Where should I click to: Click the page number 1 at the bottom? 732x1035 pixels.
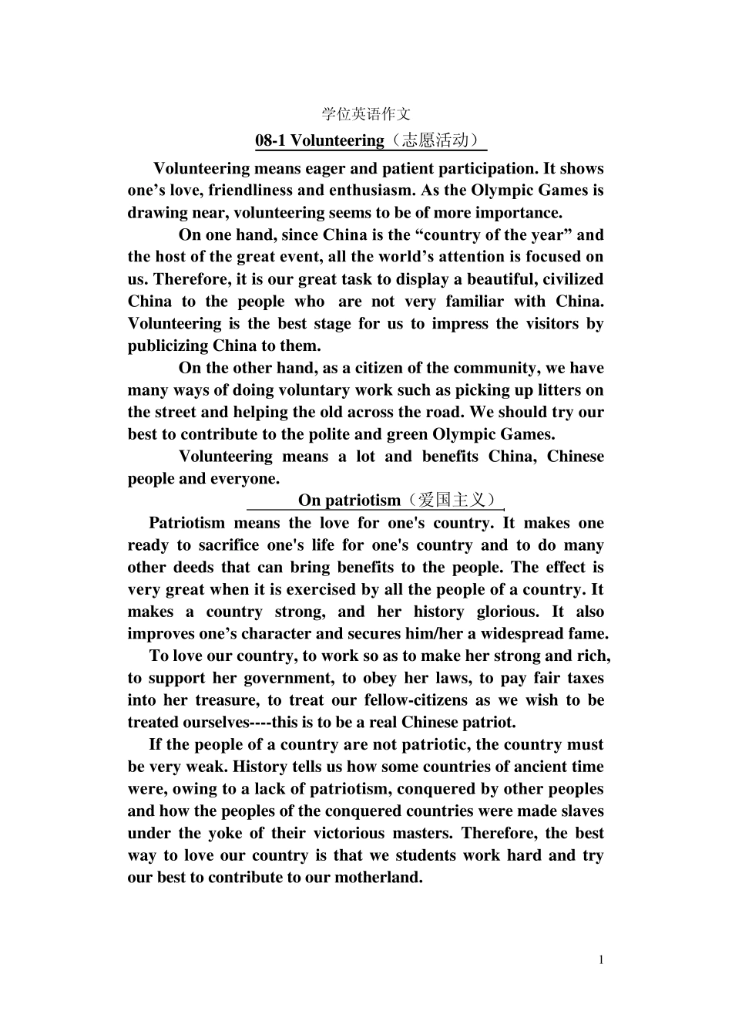(601, 959)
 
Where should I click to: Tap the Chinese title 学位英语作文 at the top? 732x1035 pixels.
(366, 114)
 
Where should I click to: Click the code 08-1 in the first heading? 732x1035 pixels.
(270, 140)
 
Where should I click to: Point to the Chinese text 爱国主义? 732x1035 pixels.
(452, 500)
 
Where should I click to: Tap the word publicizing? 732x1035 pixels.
(167, 346)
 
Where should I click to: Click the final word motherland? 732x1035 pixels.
(378, 878)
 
